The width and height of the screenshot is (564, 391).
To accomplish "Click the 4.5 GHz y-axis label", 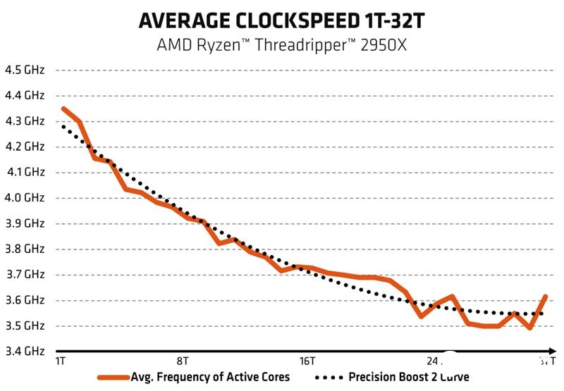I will click(25, 70).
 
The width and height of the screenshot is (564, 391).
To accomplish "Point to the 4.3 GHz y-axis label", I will click(25, 121).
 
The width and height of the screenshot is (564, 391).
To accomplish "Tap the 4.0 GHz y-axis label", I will click(25, 198).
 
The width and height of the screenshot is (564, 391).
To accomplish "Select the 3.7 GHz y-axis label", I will click(25, 275).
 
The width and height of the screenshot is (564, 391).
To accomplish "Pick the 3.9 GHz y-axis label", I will click(25, 223).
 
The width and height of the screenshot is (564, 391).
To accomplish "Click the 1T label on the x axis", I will click(61, 361).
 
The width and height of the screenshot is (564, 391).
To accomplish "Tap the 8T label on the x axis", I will click(183, 361).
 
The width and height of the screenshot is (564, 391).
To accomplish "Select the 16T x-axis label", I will click(307, 361).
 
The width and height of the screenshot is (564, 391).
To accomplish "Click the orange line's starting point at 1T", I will click(63, 108).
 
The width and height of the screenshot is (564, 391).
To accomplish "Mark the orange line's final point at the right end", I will click(546, 297).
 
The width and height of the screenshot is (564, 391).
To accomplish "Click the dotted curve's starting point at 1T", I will click(63, 126).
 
